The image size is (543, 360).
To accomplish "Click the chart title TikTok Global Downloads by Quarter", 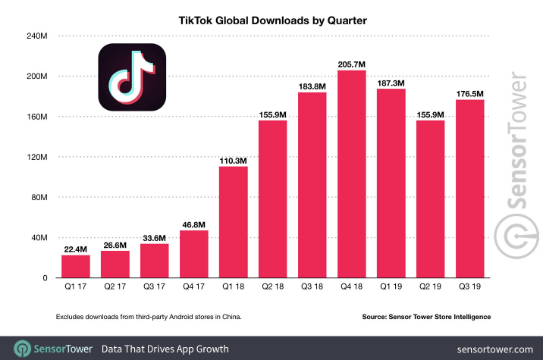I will coord(271,21).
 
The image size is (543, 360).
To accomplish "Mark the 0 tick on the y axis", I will coord(46,278).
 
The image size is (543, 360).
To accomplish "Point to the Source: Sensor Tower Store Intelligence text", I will coord(425,316).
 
